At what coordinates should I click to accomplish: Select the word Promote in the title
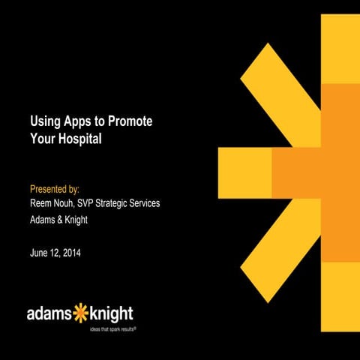(135, 121)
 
